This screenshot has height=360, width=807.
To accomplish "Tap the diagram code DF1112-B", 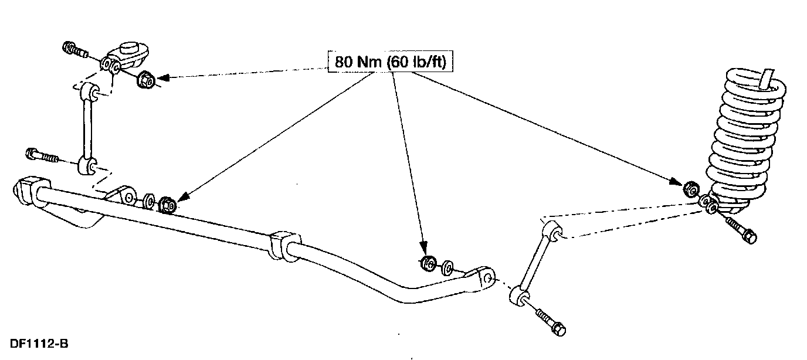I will click(39, 343).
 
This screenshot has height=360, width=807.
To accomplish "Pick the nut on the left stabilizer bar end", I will click(166, 205).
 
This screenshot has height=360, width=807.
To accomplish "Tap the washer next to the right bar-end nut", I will click(446, 267).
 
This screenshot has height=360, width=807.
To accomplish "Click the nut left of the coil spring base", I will click(691, 189).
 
